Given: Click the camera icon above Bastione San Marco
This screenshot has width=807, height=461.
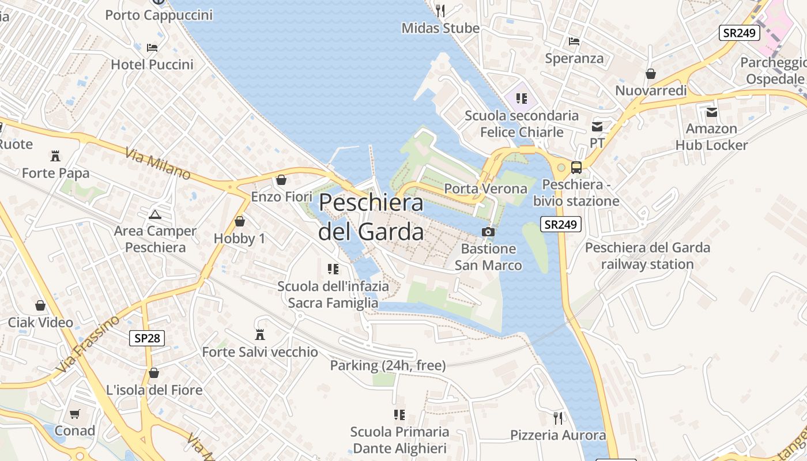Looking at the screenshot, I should pos(488,232).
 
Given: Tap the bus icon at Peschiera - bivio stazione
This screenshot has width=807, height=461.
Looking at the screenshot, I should pos(576,168).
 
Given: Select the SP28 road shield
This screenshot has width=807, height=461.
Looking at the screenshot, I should pos(147,338).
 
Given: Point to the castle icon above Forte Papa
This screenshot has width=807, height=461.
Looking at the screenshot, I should pos(55,156).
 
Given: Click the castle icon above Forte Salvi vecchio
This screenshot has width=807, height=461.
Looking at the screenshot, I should pos(259,334).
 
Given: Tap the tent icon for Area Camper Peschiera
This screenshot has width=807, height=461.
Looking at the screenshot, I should pos(154,215).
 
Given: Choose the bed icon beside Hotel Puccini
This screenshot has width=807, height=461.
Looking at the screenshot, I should pos(152,47).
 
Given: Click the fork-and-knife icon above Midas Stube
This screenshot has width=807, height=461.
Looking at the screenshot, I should pos(440,10).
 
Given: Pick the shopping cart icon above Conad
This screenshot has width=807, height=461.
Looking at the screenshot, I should pos(74,414).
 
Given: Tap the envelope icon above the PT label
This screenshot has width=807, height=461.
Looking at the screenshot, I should pos(597,126).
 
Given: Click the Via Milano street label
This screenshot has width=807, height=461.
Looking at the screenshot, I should pos(157,163).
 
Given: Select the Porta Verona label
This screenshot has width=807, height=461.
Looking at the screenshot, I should pos(485,188).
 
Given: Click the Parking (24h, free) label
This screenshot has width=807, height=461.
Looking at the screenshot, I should pos(387,365).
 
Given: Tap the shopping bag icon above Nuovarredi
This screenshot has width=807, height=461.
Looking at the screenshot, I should pos(651,74).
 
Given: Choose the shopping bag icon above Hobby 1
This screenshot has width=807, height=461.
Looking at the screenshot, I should pos(239,221).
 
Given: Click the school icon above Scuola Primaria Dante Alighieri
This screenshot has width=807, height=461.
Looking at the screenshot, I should pos(399,415).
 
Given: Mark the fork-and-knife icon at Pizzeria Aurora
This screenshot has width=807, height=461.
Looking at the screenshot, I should pos(557,418).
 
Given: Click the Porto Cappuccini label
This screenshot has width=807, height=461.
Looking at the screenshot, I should pos(159,15).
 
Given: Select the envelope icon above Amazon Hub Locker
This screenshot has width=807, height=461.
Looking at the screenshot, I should pos(712,112).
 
